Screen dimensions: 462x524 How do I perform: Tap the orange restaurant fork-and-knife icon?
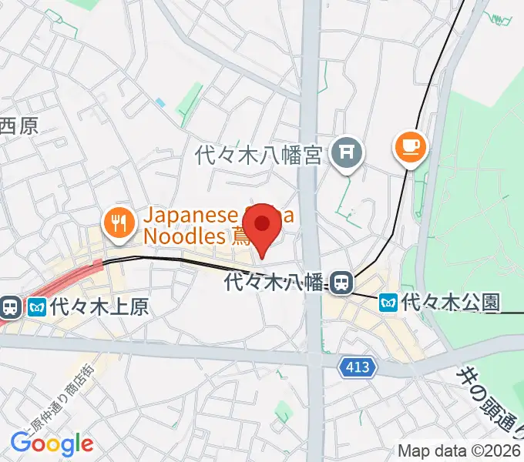[118, 223]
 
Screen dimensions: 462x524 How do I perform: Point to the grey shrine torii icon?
[346, 153]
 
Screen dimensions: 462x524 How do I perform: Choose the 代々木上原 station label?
[99, 308]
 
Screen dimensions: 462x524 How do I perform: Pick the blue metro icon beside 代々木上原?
[36, 308]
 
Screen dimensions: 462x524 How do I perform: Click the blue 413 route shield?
[358, 368]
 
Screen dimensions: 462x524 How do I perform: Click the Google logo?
[52, 443]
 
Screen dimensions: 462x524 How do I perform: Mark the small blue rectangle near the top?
[160, 102]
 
